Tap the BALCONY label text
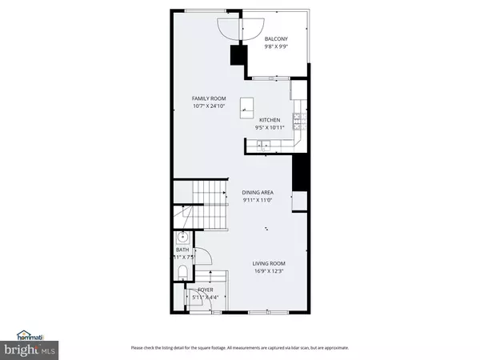276,38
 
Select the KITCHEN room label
269,120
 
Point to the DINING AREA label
258,193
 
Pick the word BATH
182,250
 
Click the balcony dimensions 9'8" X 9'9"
276,46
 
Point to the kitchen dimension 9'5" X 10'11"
269,128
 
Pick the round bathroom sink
182,237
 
